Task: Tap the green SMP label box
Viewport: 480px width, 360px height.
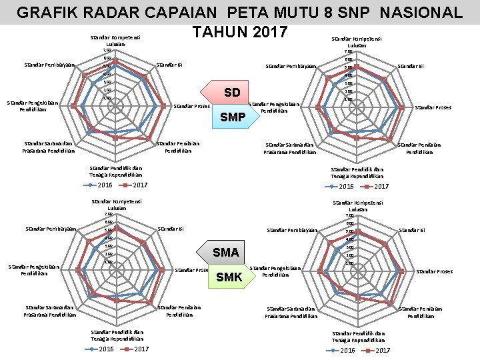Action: (232, 118)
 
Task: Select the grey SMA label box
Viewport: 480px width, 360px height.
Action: (226, 252)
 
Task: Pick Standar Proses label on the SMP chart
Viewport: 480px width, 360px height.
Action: (433, 107)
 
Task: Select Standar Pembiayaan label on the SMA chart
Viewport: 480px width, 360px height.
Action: (50, 229)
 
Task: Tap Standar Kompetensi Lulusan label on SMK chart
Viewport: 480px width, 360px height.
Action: (357, 205)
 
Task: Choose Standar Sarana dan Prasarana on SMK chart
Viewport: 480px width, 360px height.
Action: (291, 312)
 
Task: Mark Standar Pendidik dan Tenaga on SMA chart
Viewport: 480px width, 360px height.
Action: (117, 335)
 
